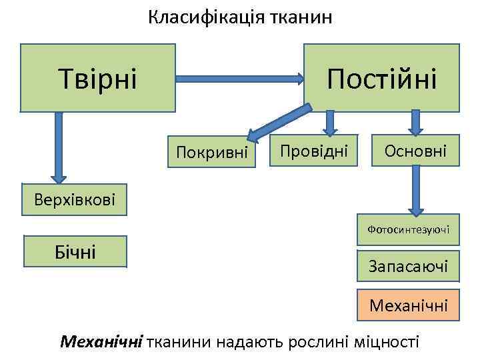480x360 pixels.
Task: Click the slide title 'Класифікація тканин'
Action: (x=240, y=17)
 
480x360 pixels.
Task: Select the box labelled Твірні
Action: (x=97, y=78)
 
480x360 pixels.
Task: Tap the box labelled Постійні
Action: (x=381, y=78)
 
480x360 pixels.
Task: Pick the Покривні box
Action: (x=212, y=153)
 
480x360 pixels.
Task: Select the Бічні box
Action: (x=75, y=251)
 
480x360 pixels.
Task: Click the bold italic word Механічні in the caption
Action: (x=101, y=342)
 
